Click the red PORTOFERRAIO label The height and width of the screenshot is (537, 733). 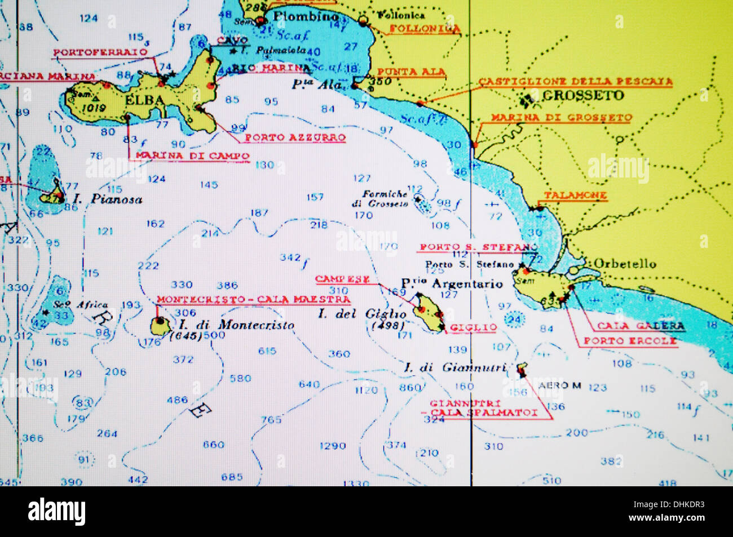[x=100, y=52]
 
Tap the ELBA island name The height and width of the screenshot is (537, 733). [x=145, y=100]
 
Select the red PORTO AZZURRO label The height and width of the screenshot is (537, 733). [x=295, y=137]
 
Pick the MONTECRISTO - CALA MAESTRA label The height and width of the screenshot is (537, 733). [x=253, y=299]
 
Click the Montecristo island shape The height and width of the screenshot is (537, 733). [x=160, y=325]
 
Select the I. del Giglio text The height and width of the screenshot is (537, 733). [x=361, y=314]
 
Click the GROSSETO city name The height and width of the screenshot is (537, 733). [x=583, y=95]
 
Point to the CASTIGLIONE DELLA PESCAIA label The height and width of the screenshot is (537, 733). [x=575, y=82]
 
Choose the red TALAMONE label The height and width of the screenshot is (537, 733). [x=575, y=196]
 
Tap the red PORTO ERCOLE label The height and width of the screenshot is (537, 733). [x=630, y=341]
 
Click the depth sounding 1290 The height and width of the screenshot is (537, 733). [x=333, y=446]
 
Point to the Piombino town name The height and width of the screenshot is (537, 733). [x=306, y=17]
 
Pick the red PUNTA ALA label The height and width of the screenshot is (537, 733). [x=411, y=72]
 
